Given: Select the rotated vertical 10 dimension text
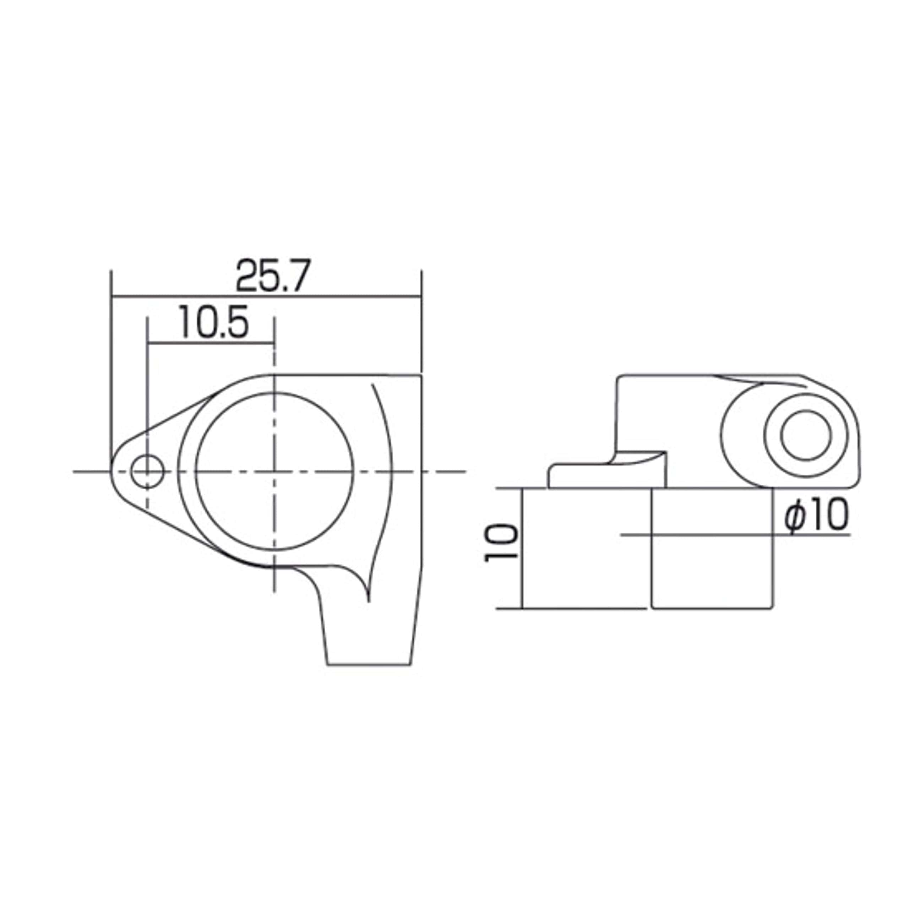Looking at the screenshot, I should click(501, 543).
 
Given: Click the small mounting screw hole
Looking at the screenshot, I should click(148, 471).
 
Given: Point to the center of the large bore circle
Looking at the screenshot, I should click(274, 471).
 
